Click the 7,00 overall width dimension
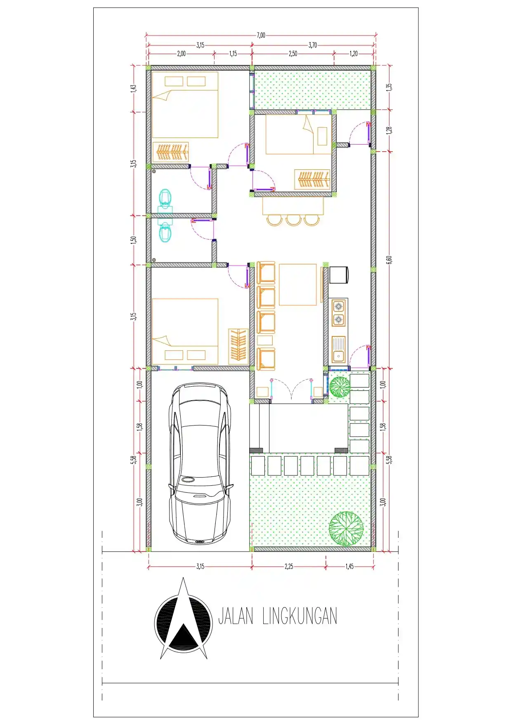261,36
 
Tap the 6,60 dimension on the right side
389,260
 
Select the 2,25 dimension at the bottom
289,566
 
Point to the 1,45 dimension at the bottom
349,566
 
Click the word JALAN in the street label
235,616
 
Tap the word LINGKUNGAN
300,616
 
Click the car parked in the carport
200,463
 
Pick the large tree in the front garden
346,528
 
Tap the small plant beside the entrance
340,387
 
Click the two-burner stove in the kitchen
338,313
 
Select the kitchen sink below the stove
338,349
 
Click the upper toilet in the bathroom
165,198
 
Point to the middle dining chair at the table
293,220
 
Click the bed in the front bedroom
185,331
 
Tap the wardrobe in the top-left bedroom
171,152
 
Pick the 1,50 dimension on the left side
133,240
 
